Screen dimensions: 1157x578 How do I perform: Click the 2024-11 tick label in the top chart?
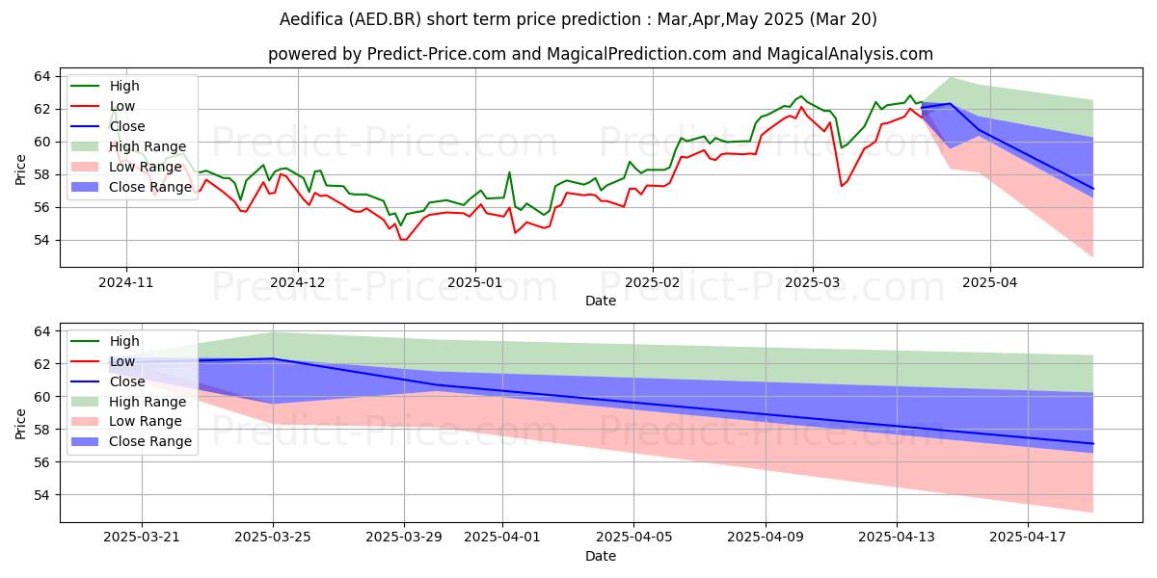pyautogui.click(x=126, y=283)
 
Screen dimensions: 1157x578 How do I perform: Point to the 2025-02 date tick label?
pyautogui.click(x=653, y=283)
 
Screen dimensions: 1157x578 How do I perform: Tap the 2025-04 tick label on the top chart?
pyautogui.click(x=990, y=283)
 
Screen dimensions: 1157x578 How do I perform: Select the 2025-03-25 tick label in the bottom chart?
pyautogui.click(x=273, y=538)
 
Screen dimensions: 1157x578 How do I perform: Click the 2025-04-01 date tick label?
pyautogui.click(x=502, y=538)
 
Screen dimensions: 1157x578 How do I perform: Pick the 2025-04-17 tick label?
pyautogui.click(x=1028, y=538)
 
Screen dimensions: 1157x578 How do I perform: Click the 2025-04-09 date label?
pyautogui.click(x=766, y=538)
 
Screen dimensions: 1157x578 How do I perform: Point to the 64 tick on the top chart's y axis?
pyautogui.click(x=42, y=77)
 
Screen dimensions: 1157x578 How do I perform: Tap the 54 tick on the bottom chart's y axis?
pyautogui.click(x=42, y=495)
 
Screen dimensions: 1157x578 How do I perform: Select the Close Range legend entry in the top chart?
pyautogui.click(x=131, y=187)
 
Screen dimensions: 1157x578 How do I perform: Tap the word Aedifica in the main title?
pyautogui.click(x=311, y=19)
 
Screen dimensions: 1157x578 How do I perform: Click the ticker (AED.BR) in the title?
pyautogui.click(x=385, y=19)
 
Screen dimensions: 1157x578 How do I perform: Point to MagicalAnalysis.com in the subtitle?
pyautogui.click(x=850, y=54)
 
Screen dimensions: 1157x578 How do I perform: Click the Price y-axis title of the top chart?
pyautogui.click(x=20, y=170)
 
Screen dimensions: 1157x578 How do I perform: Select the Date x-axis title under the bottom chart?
pyautogui.click(x=600, y=557)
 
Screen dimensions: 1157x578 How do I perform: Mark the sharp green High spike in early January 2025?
pyautogui.click(x=509, y=172)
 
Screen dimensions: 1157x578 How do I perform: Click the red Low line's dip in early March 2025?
pyautogui.click(x=842, y=186)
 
